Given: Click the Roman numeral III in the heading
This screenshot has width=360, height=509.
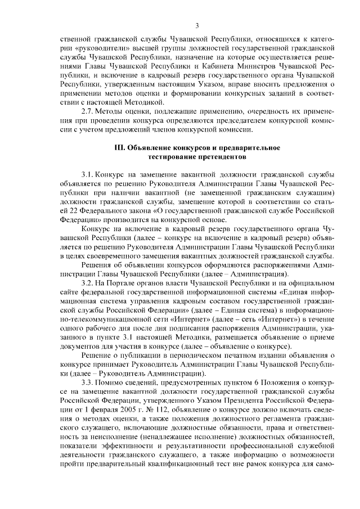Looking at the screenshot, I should (119, 147).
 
